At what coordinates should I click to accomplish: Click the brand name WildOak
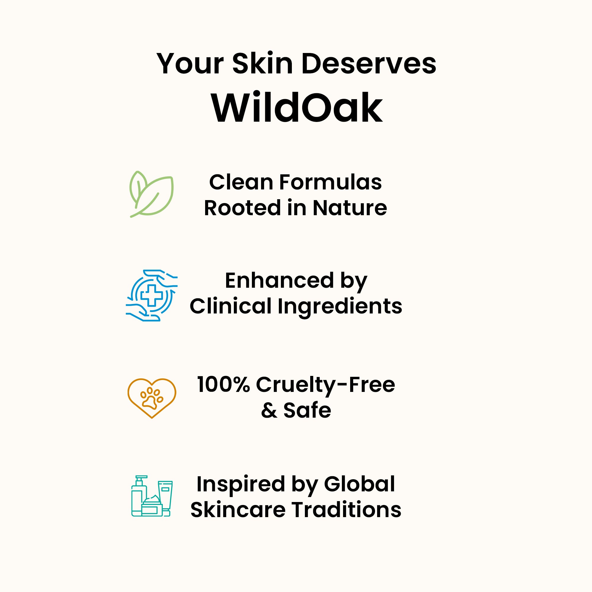297,107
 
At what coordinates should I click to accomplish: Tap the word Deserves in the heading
369,64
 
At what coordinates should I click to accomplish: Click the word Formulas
330,182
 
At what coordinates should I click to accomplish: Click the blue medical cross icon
152,295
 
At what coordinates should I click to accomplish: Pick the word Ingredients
340,308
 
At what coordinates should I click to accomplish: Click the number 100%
223,385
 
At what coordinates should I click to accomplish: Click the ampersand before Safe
269,410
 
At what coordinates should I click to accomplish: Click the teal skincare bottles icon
152,496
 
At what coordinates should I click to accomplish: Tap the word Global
359,484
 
